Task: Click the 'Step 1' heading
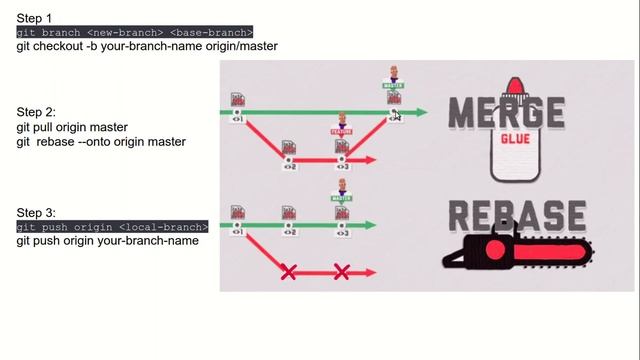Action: pos(36,19)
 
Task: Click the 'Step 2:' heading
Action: pos(36,113)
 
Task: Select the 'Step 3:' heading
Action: pos(36,213)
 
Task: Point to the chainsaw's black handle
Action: pos(466,258)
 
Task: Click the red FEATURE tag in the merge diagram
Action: pos(342,131)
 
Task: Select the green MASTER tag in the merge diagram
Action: pos(393,86)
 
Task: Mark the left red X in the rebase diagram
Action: pos(288,271)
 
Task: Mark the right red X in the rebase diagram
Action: pos(341,271)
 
